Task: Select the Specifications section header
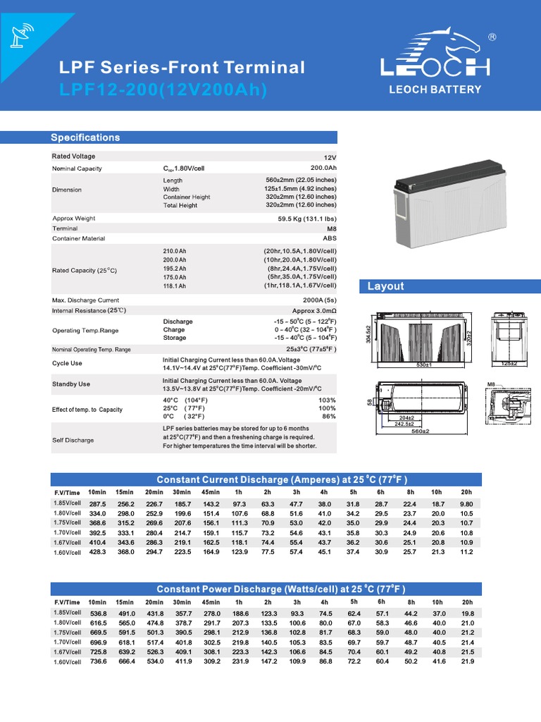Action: point(85,137)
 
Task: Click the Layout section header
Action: point(386,286)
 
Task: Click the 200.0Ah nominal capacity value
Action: point(323,169)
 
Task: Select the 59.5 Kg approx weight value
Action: point(307,219)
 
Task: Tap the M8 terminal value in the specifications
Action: point(330,228)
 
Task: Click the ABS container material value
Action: point(329,238)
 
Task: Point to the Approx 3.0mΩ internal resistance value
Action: point(314,310)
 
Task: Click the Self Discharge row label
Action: point(73,440)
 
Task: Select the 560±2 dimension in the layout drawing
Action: point(420,431)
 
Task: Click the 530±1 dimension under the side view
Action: point(423,365)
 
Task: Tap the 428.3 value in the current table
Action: point(97,553)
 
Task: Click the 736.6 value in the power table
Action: point(97,661)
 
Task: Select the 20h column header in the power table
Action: point(467,602)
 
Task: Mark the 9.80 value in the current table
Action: point(466,504)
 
